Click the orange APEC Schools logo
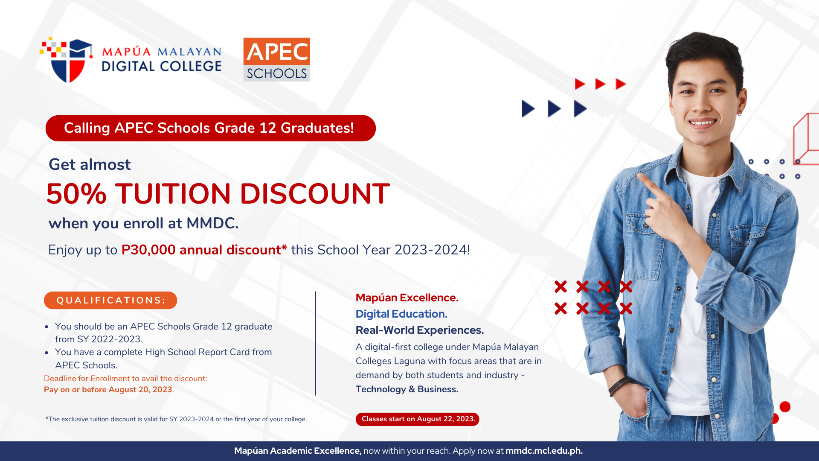coord(276,59)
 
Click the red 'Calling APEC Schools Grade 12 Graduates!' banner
coord(210,128)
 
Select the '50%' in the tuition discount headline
coord(76,194)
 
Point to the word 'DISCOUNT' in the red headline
coord(315,194)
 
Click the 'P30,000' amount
coord(148,250)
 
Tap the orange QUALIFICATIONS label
coord(110,300)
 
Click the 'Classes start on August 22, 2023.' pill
coord(418,419)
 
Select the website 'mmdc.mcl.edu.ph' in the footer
coord(544,451)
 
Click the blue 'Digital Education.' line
coord(401,314)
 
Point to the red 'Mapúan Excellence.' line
coord(407,298)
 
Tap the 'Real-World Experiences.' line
coord(420,330)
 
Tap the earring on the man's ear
coord(739,113)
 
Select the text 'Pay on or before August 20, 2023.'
coord(109,390)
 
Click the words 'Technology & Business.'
coord(407,389)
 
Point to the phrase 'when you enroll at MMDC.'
coord(143,223)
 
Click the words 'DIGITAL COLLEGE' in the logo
coord(162,66)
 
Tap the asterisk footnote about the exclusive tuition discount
coord(176,419)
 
